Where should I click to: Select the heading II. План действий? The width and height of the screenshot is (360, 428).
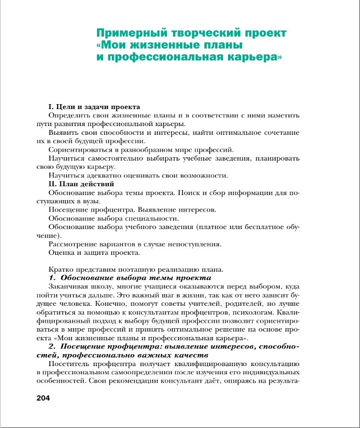81,184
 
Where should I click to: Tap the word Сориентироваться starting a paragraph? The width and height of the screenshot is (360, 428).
81,149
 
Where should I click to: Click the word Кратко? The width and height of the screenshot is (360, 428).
61,269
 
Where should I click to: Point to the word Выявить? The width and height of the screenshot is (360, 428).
63,132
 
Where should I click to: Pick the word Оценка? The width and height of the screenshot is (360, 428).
61,252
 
